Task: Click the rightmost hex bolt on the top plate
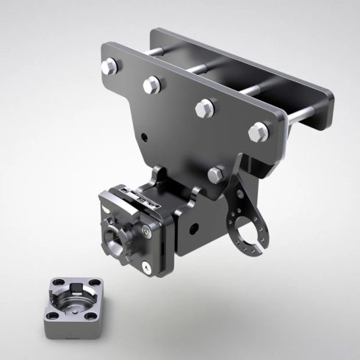[258, 132]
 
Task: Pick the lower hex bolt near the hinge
[216, 174]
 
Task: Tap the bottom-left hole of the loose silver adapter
[51, 314]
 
